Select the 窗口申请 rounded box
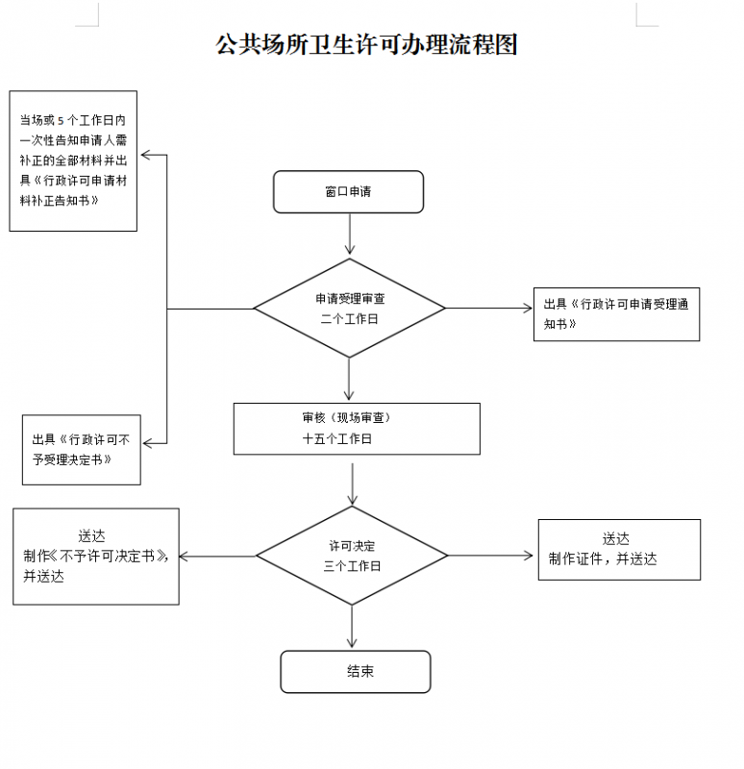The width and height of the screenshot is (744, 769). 348,191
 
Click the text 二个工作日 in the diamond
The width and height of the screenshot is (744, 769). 349,318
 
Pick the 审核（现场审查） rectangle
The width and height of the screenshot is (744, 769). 357,428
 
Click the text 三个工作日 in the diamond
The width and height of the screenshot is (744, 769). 352,566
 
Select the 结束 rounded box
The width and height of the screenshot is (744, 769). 356,671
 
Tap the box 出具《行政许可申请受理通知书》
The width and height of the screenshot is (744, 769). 616,313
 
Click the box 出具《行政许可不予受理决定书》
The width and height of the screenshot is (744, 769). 82,449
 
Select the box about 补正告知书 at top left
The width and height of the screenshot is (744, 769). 73,161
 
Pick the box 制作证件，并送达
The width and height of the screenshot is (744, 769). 619,549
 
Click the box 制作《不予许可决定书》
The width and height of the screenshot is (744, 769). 96,556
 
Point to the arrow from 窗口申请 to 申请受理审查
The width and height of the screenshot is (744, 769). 349,235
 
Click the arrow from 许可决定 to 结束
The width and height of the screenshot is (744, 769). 353,627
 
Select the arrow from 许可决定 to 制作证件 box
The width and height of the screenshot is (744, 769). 490,556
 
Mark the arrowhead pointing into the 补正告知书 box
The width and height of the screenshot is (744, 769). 145,155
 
